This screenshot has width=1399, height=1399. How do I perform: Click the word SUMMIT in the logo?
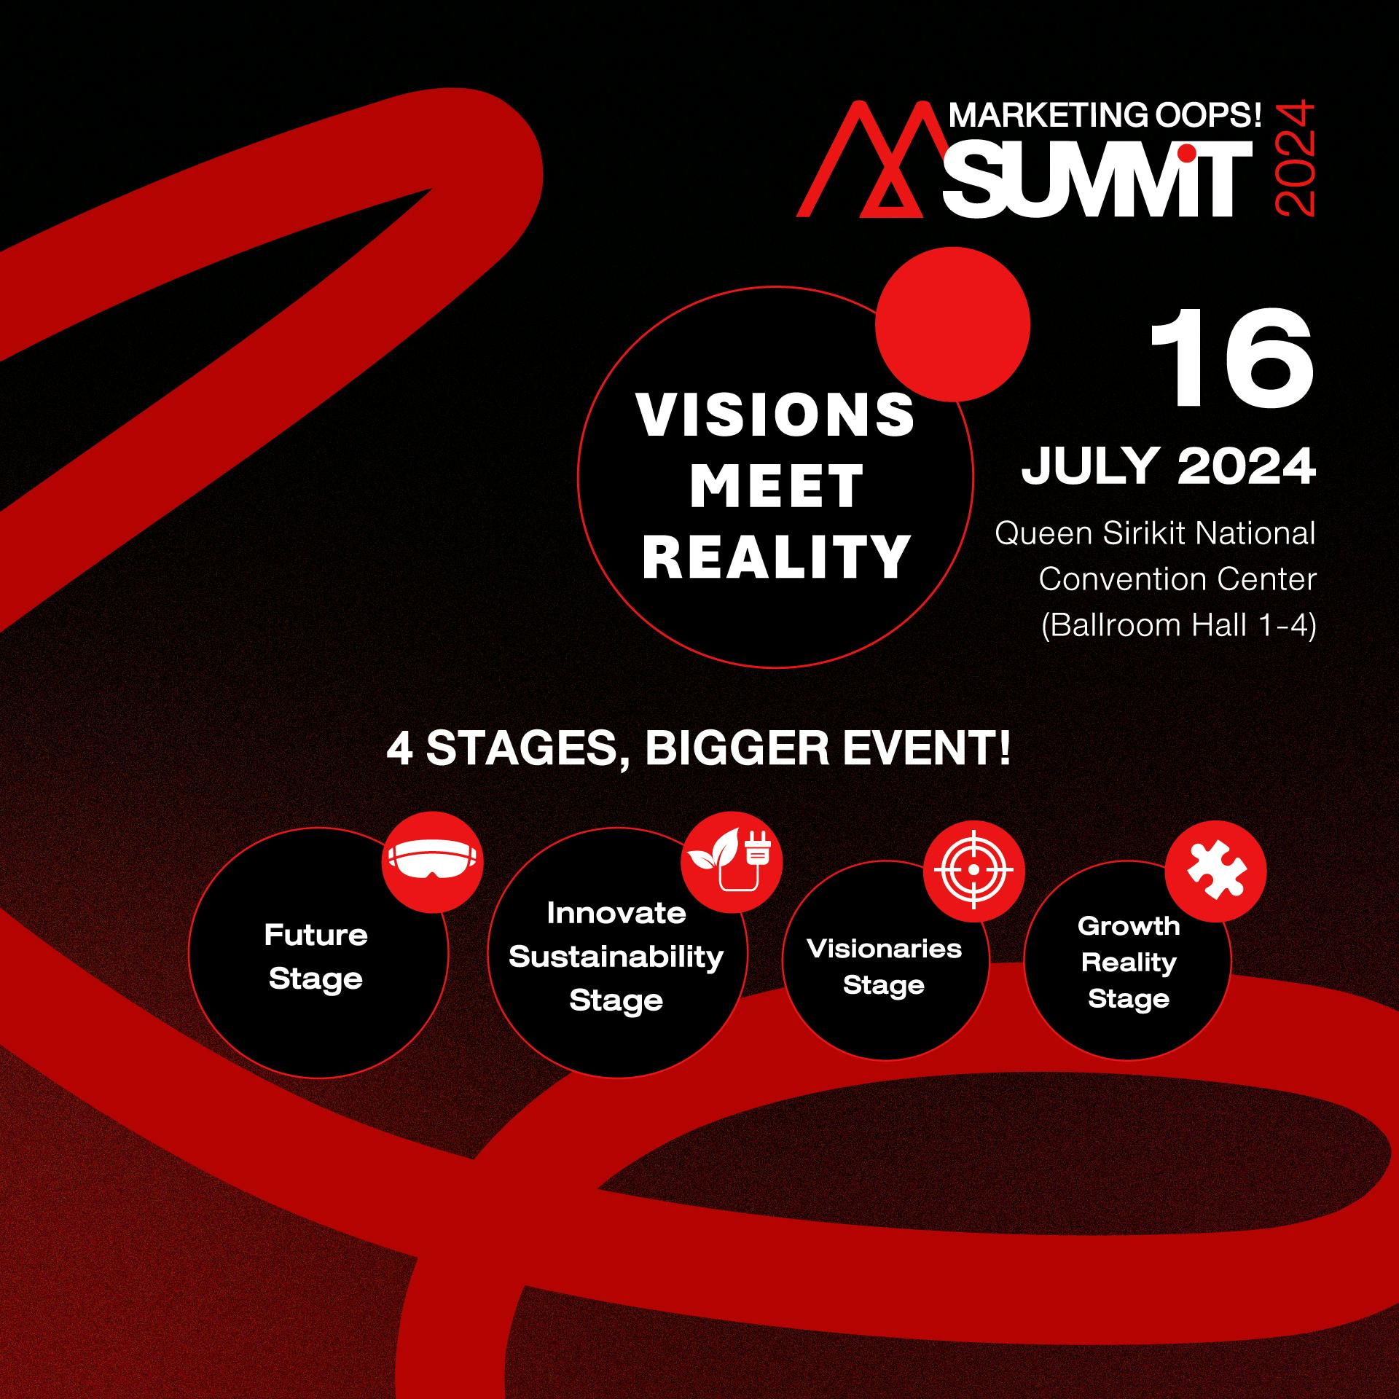click(1097, 179)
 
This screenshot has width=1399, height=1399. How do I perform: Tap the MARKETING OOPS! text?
click(1105, 116)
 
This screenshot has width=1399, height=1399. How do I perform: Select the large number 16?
click(1232, 357)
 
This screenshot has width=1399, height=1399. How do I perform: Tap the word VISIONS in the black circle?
click(776, 415)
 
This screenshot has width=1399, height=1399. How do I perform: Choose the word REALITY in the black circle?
click(776, 557)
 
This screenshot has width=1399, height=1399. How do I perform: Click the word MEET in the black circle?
click(777, 486)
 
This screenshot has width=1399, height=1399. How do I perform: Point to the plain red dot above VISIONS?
click(952, 324)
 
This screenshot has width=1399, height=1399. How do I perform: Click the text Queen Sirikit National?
click(1156, 533)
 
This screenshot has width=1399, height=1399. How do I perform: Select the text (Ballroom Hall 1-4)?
click(1178, 625)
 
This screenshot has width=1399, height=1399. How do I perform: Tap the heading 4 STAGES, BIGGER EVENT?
click(699, 748)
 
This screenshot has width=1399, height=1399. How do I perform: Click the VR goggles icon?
click(433, 862)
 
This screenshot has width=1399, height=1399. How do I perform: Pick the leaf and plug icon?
click(732, 862)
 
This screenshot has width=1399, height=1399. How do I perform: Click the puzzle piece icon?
click(1215, 871)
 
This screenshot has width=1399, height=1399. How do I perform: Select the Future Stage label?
click(316, 957)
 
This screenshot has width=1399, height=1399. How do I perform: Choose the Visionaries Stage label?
click(884, 967)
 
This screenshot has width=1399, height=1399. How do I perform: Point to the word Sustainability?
click(616, 957)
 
